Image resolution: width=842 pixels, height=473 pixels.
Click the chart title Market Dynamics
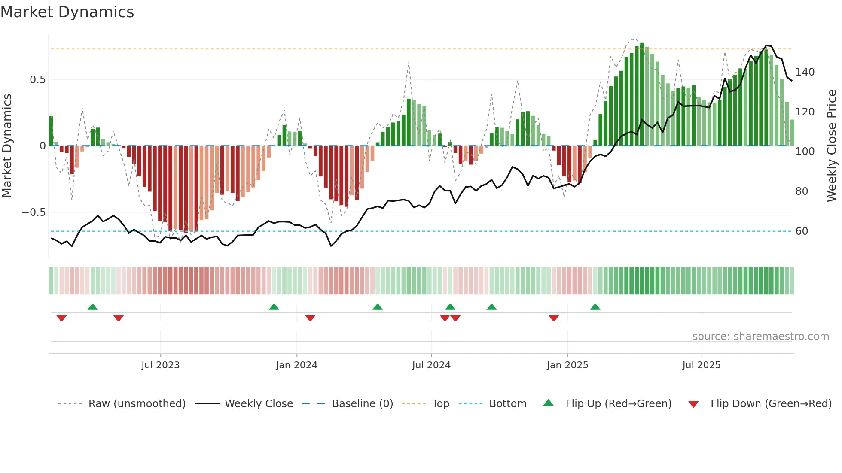(x=67, y=12)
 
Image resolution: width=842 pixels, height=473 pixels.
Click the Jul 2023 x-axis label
(x=160, y=365)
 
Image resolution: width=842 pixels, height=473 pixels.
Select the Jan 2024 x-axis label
(x=296, y=365)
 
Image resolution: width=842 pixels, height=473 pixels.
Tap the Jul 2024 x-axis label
(x=431, y=365)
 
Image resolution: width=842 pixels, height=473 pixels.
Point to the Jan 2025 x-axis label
(x=567, y=365)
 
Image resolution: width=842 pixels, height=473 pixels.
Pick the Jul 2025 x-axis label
(x=702, y=365)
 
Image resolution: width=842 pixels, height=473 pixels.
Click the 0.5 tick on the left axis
(x=37, y=80)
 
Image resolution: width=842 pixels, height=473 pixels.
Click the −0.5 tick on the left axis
(x=34, y=212)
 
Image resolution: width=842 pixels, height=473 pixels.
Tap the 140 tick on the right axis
(x=805, y=72)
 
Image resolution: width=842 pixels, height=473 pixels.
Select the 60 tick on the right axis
(x=802, y=231)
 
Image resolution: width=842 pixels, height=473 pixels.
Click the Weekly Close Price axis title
(x=832, y=146)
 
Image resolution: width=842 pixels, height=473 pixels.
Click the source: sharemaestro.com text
(x=760, y=337)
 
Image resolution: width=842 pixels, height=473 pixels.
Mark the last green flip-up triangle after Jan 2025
(x=595, y=307)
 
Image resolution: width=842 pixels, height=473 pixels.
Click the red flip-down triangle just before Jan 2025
(x=554, y=318)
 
